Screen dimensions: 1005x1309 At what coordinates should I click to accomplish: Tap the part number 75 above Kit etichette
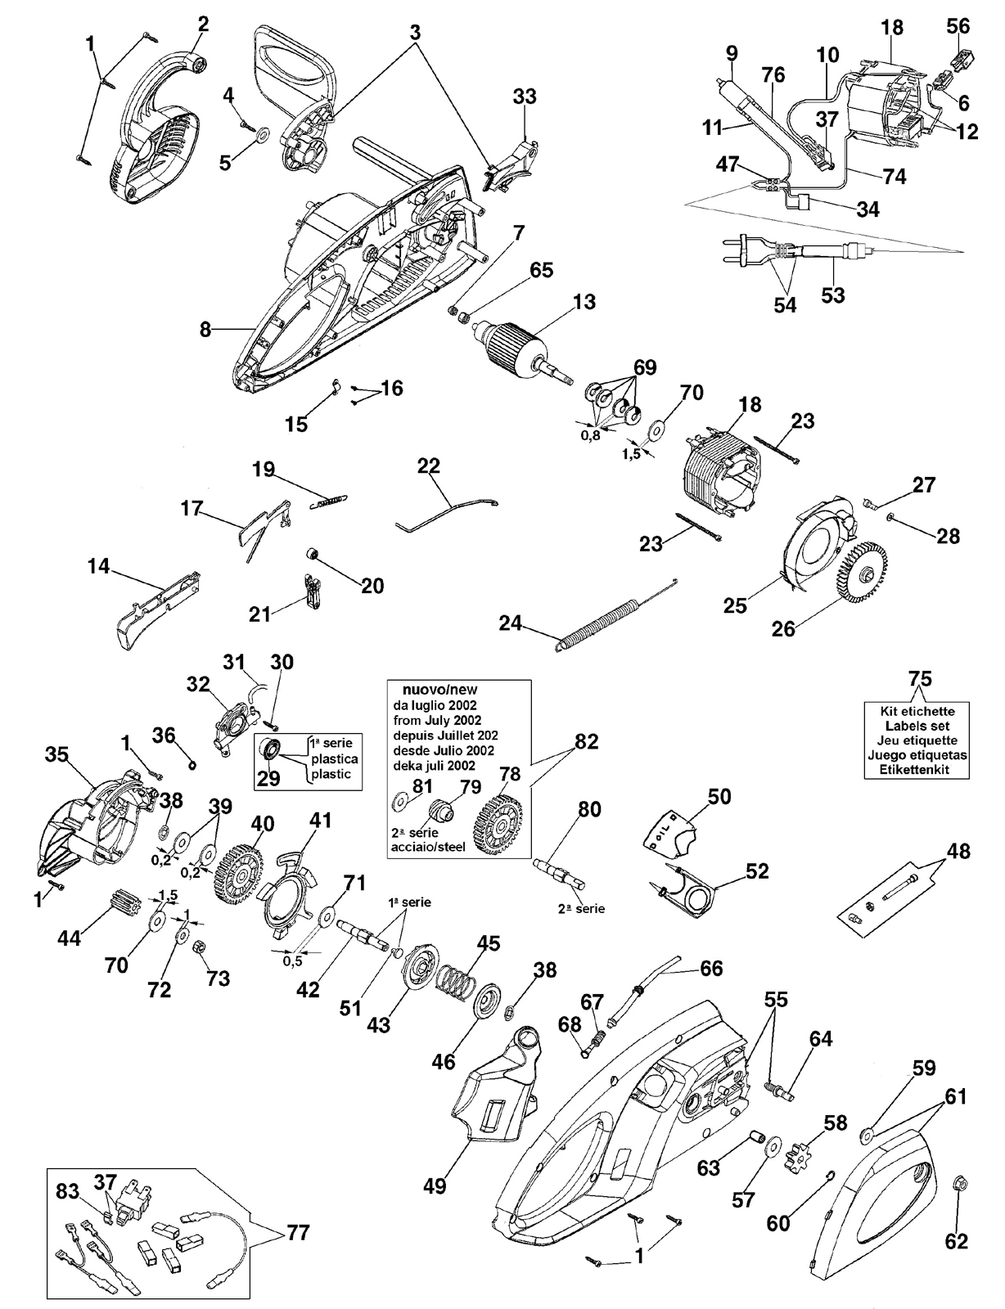tap(921, 678)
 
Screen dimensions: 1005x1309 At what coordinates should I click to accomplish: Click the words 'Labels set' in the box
tap(917, 726)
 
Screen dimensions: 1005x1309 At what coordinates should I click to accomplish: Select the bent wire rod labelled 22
tap(447, 511)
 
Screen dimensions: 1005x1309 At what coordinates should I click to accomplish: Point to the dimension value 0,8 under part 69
tap(590, 435)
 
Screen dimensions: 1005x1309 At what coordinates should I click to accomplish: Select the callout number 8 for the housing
tap(206, 330)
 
